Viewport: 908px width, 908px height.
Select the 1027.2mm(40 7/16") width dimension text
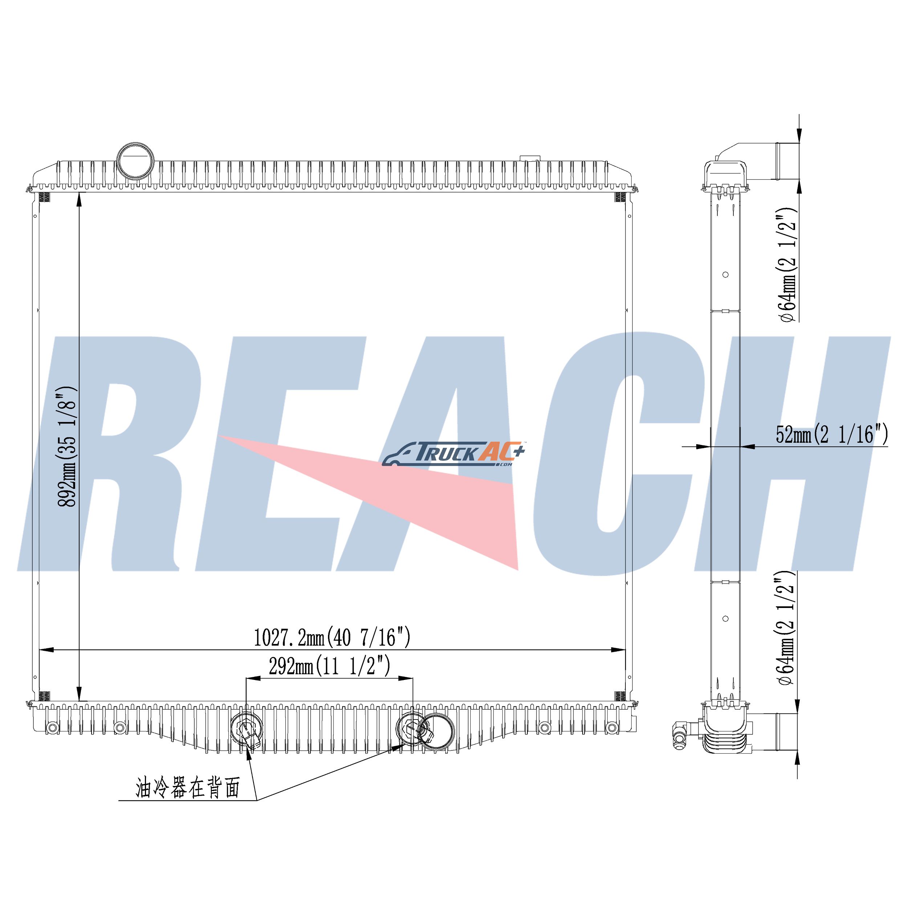(332, 638)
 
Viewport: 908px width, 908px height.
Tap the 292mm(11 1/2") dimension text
(329, 666)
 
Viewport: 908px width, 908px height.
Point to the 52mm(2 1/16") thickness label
(832, 434)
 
